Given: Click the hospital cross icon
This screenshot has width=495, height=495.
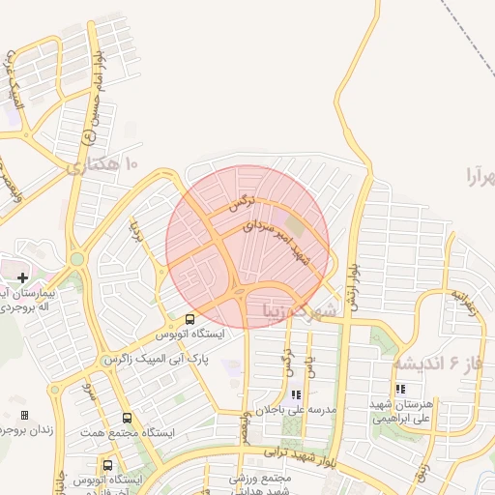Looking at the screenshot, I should click(22, 277).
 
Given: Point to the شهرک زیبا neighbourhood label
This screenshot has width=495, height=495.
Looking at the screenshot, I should click(300, 310).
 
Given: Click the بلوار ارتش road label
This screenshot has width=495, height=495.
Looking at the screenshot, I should click(354, 284).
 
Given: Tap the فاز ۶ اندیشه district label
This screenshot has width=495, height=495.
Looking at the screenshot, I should click(436, 364).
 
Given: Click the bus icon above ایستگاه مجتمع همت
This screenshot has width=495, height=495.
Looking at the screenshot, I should click(128, 419).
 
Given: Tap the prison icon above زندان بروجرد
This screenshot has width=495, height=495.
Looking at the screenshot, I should click(24, 415).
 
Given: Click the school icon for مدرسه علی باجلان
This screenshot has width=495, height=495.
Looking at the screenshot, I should click(296, 394).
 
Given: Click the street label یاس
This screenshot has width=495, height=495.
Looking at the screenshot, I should click(310, 365).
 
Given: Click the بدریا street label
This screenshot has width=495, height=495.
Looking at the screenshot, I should click(135, 235).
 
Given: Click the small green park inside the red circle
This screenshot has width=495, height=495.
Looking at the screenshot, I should click(293, 229).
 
